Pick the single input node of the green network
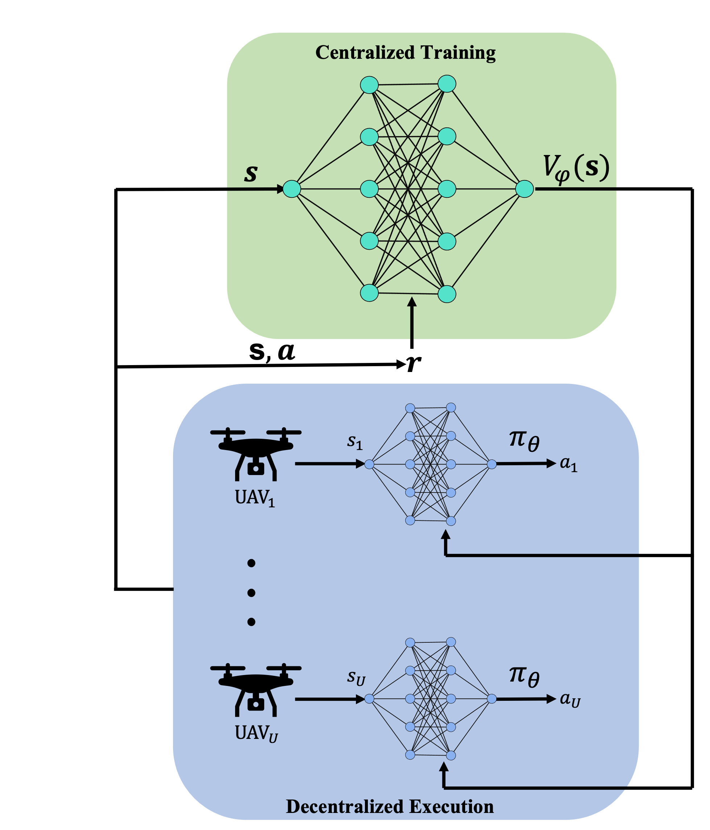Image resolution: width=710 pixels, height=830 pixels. pyautogui.click(x=292, y=189)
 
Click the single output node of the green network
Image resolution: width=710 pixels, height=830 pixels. pyautogui.click(x=524, y=189)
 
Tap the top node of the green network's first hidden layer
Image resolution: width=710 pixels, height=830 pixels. pyautogui.click(x=369, y=85)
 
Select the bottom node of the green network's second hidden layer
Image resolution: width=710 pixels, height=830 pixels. pyautogui.click(x=447, y=294)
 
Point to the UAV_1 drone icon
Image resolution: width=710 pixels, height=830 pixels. pyautogui.click(x=255, y=454)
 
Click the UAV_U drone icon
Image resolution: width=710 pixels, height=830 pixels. pyautogui.click(x=255, y=690)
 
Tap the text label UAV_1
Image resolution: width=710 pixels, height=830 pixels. pyautogui.click(x=255, y=498)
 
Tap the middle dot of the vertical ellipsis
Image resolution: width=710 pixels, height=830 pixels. pyautogui.click(x=251, y=592)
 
